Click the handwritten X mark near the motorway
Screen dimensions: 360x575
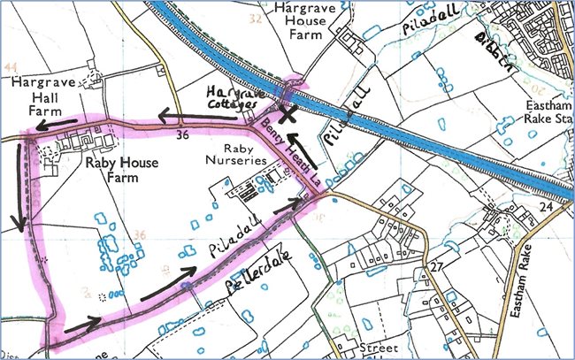[287, 112]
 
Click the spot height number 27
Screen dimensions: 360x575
[436, 266]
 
